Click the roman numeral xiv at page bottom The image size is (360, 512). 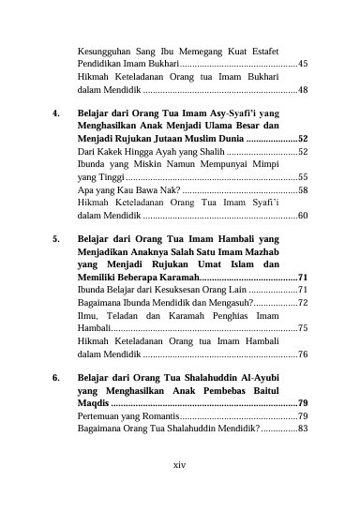(180, 463)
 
